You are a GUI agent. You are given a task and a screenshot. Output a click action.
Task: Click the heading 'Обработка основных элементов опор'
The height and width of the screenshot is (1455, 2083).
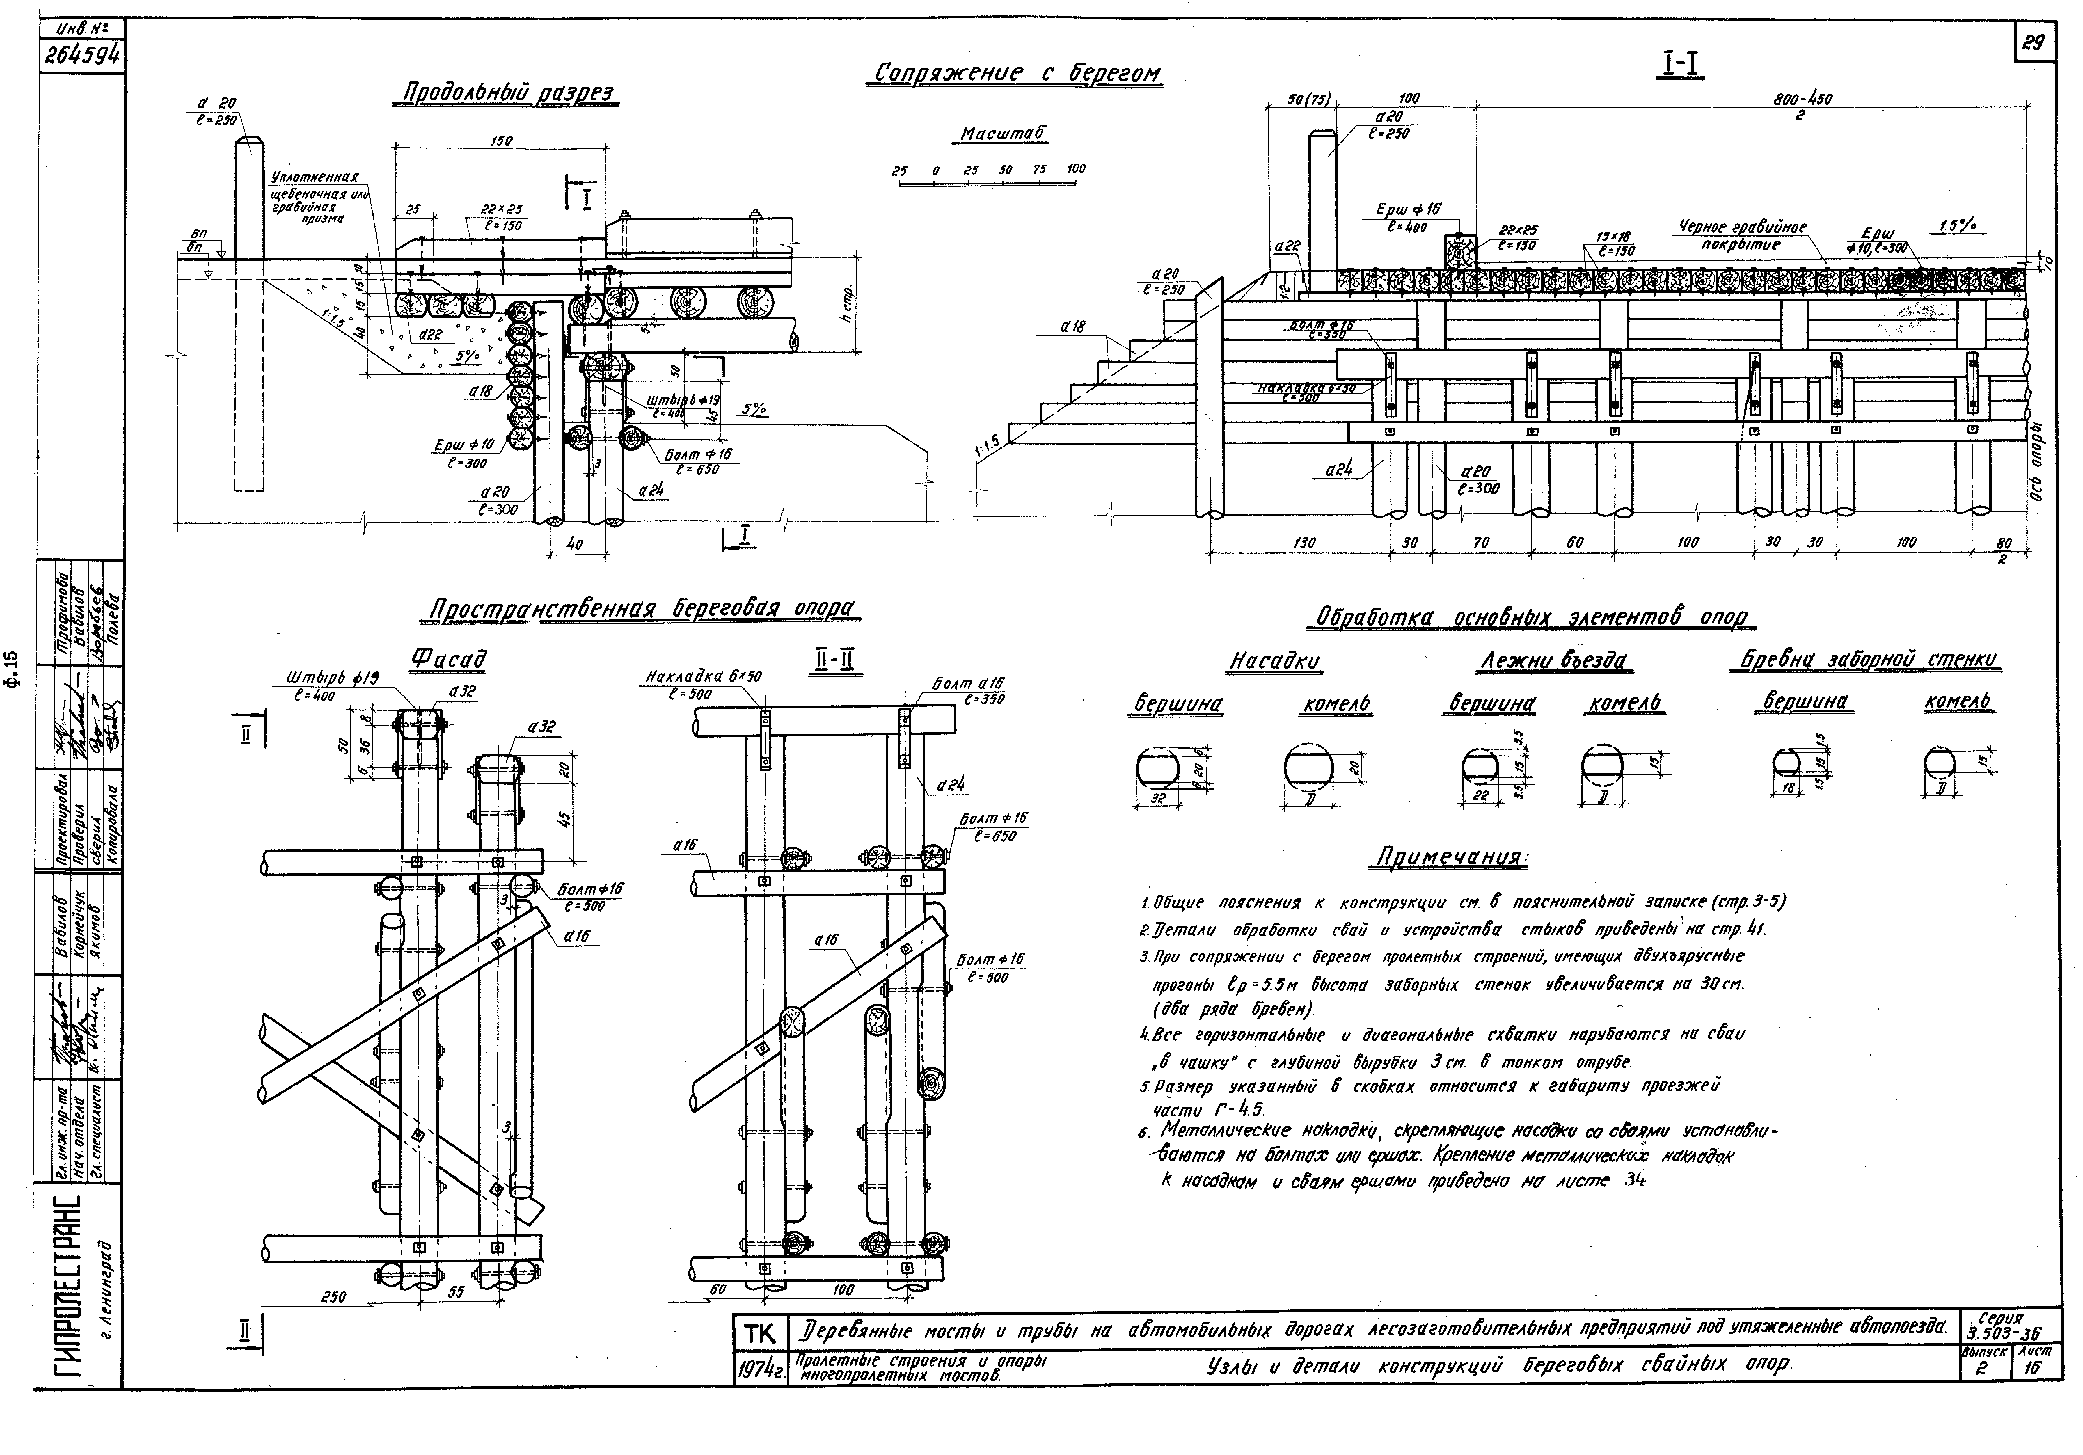[x=1535, y=618]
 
